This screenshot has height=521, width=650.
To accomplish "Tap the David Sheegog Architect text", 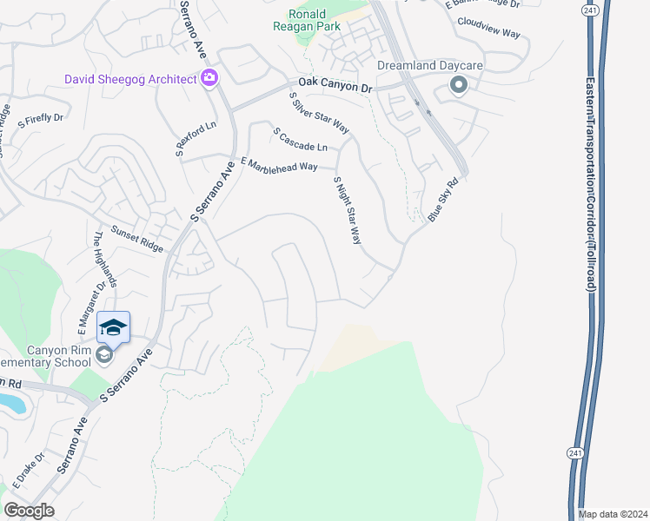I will coord(130,80).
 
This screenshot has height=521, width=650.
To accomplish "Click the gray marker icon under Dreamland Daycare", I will coord(458,85).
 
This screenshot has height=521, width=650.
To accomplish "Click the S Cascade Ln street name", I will coord(301,140).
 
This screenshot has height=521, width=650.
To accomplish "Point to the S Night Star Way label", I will coord(347,210).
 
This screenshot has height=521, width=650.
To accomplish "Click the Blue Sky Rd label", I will coord(442,201).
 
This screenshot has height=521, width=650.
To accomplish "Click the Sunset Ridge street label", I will coord(137,239).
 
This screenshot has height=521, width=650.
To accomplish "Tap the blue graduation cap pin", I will coord(113,327).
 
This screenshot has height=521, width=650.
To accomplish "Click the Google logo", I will coord(29,511).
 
